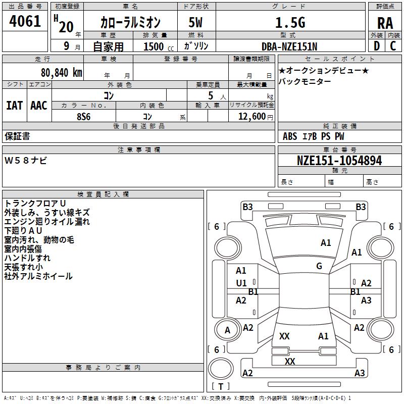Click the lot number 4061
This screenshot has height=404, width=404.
tap(25, 22)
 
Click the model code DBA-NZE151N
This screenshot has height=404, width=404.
tap(289, 46)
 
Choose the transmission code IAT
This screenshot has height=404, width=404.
tap(14, 106)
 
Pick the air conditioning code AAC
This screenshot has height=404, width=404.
tap(39, 106)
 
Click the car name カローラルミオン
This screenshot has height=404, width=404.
tap(130, 23)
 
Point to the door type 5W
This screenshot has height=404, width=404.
tap(196, 23)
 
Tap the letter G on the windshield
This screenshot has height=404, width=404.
tap(319, 266)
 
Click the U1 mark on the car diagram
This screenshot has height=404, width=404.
tap(241, 283)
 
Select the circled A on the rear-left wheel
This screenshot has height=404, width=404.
tap(227, 330)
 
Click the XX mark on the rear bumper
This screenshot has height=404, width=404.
tap(290, 362)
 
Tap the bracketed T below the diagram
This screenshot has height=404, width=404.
tap(221, 386)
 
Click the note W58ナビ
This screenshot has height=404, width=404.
tap(26, 160)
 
